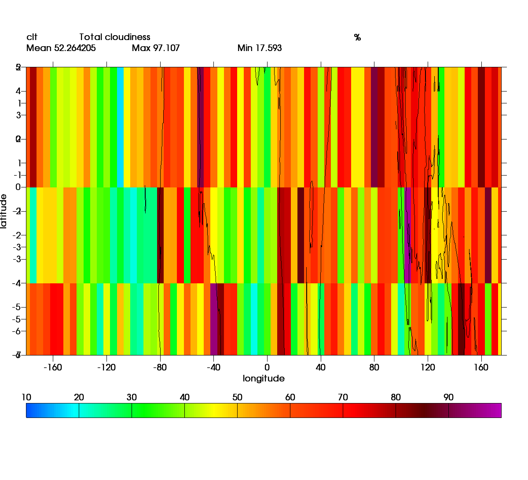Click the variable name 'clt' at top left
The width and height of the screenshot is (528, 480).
(x=32, y=37)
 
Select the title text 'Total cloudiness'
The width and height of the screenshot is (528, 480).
(x=114, y=37)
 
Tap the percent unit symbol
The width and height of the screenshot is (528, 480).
(x=357, y=38)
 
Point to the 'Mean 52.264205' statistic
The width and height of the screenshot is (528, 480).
(x=61, y=48)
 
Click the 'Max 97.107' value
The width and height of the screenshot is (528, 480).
(x=156, y=48)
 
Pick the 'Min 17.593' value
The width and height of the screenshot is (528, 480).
(x=260, y=48)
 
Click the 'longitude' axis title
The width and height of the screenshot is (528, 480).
(x=264, y=378)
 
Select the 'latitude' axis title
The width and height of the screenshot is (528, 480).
(x=4, y=211)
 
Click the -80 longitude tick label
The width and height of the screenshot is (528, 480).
(x=160, y=367)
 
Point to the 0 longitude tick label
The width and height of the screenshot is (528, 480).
(x=267, y=367)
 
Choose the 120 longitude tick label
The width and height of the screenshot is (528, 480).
(x=428, y=367)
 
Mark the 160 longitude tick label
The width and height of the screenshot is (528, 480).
(x=481, y=367)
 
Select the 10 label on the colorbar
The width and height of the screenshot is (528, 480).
(x=26, y=397)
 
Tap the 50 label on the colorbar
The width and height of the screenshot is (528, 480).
(x=237, y=397)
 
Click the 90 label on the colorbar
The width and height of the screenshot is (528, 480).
(x=448, y=397)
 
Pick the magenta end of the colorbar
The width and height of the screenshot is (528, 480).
(x=497, y=410)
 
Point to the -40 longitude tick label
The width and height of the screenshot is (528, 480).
(x=213, y=367)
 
